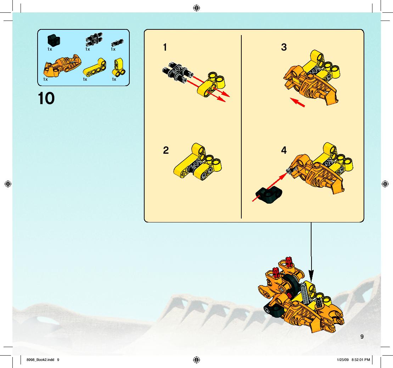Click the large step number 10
(46, 98)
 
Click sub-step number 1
(165, 47)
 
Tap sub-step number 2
(166, 150)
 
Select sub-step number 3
(284, 47)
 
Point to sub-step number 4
(284, 150)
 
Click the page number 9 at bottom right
(362, 336)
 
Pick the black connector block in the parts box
(54, 40)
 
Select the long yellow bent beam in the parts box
(95, 68)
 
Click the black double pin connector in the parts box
(94, 40)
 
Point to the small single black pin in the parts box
(117, 43)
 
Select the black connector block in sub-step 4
(269, 194)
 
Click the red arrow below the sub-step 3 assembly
(297, 102)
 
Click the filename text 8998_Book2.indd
(40, 360)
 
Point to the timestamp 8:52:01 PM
(361, 360)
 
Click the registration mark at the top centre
(196, 8)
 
